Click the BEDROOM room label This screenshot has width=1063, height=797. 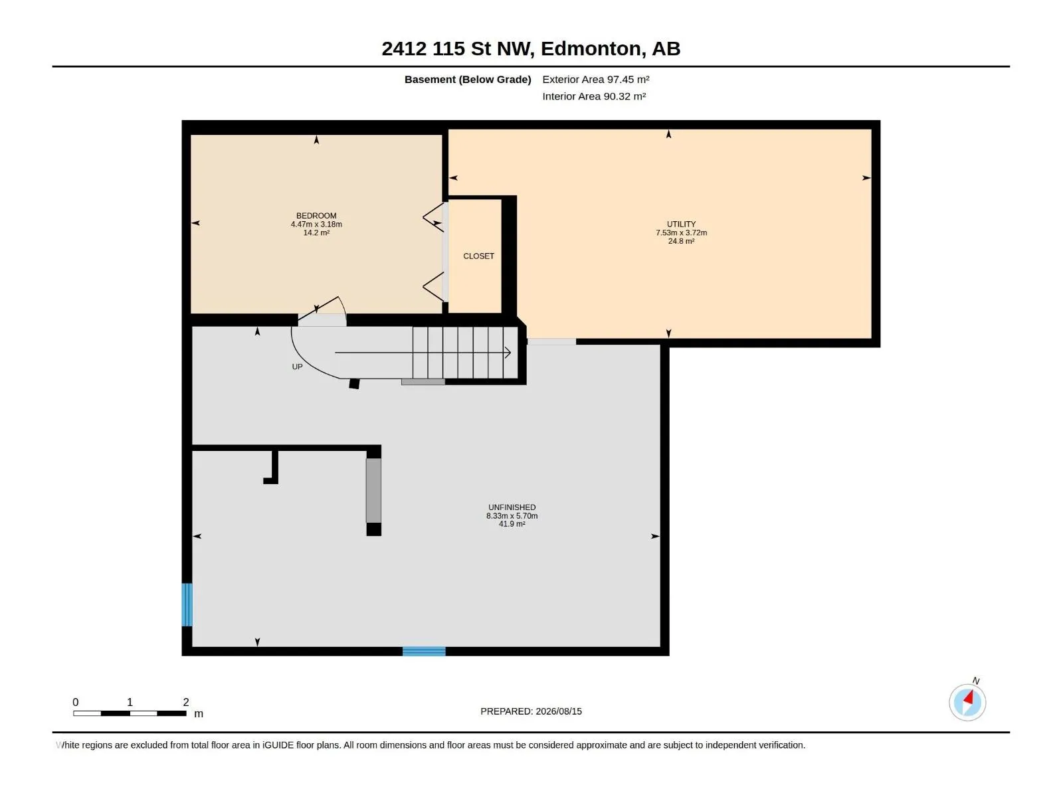316,216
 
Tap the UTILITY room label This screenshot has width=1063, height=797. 682,224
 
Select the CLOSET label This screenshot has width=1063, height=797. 478,256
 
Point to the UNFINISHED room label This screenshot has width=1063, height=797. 512,507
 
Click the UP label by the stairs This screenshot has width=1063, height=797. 298,367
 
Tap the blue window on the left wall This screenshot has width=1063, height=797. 187,604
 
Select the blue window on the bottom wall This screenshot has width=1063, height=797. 424,652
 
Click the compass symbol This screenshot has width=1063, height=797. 967,702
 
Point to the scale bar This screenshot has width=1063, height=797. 130,713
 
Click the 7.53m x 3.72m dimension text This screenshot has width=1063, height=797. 682,232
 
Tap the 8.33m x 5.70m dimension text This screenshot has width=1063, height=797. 512,516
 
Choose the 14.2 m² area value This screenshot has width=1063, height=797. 316,232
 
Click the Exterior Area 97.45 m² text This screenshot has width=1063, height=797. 596,79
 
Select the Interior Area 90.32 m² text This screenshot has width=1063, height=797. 594,96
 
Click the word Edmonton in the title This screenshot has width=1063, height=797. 593,48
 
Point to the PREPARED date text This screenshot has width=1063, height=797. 531,711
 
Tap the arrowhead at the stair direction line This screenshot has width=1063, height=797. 508,353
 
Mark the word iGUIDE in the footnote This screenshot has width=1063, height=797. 278,745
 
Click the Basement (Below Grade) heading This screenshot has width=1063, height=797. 468,79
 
